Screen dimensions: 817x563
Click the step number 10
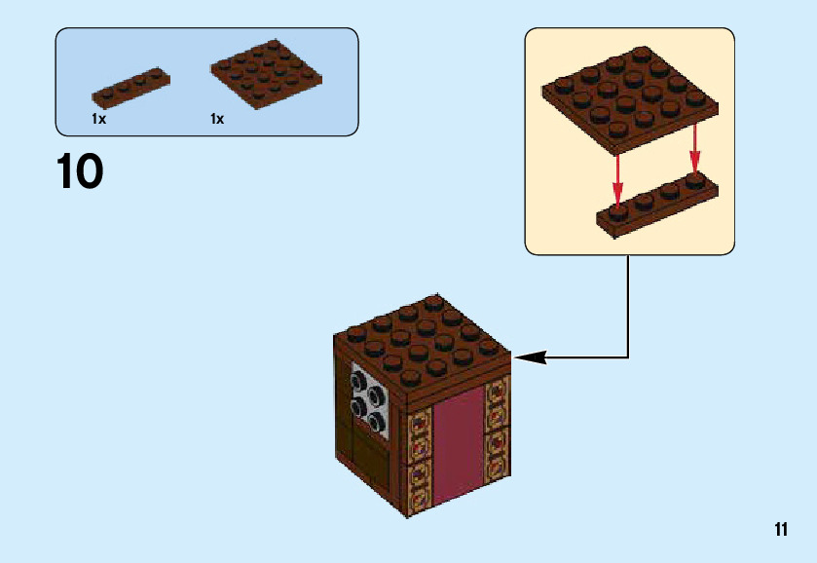[x=80, y=172]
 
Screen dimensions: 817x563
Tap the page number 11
[x=781, y=529]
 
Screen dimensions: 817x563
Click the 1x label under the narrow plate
[x=98, y=119]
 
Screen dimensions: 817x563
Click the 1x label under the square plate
[x=217, y=119]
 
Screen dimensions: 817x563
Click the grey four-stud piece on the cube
[x=369, y=400]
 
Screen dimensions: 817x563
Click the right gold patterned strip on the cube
[x=496, y=429]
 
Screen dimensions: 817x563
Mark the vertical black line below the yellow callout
[x=628, y=302]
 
